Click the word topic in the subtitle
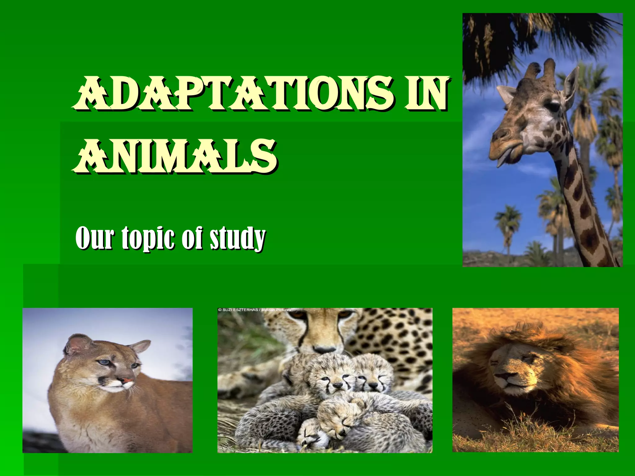point(149,238)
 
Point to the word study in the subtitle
point(237,238)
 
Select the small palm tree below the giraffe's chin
point(508,223)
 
